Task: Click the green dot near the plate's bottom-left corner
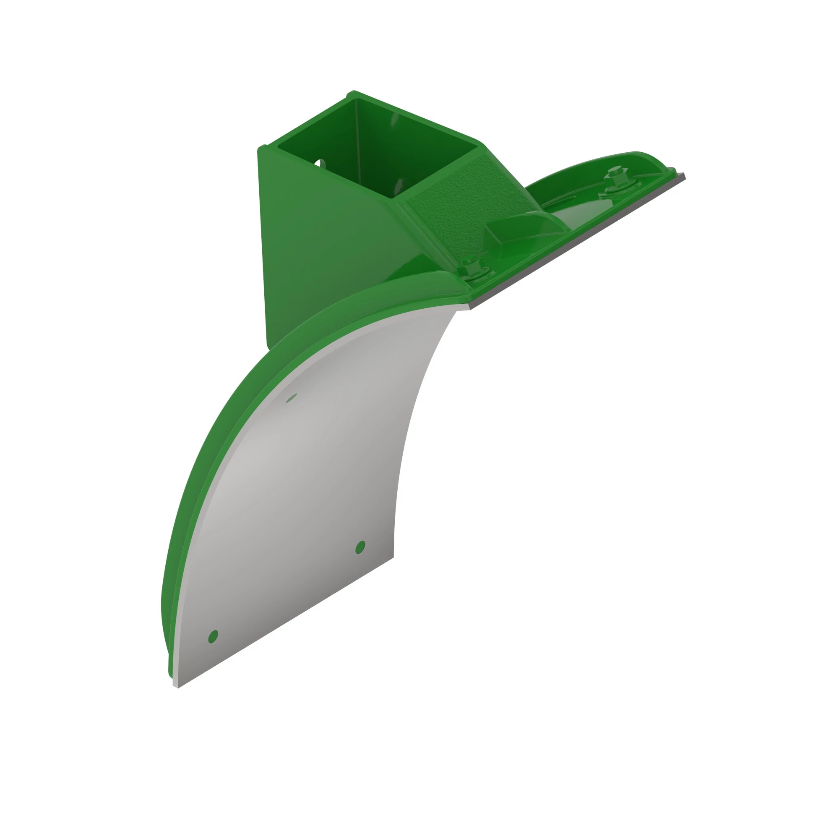tap(213, 637)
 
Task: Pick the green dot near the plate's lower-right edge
tap(360, 547)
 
